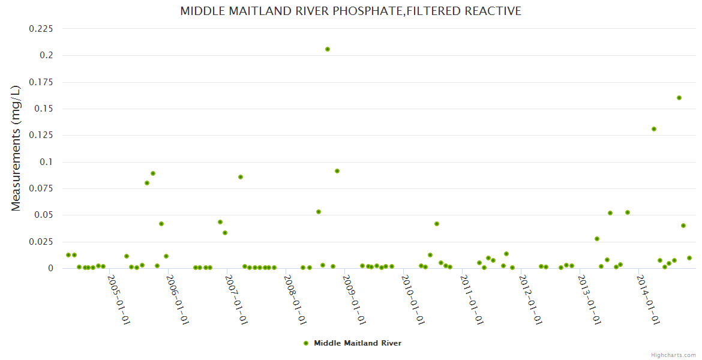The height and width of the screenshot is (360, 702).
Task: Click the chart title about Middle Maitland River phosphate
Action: click(351, 11)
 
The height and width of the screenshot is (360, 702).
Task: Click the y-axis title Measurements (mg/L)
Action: click(16, 148)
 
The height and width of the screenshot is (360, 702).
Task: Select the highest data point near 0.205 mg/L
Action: click(328, 49)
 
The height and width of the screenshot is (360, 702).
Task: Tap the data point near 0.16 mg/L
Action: click(679, 98)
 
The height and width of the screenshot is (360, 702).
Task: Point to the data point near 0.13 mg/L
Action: click(654, 129)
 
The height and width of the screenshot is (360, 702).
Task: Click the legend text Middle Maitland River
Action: click(358, 343)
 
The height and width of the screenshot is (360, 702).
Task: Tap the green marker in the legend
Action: click(306, 343)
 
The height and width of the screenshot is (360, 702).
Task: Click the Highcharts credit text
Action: click(674, 355)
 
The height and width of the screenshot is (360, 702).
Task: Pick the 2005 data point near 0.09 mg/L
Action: click(153, 173)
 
